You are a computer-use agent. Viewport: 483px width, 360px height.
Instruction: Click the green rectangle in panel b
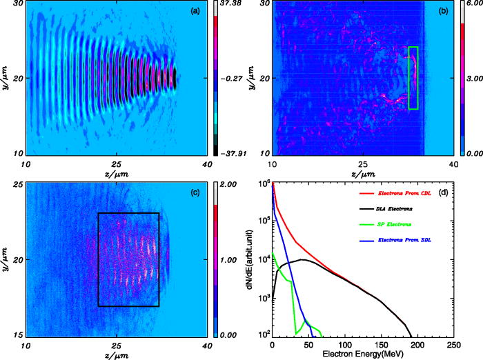click(413, 78)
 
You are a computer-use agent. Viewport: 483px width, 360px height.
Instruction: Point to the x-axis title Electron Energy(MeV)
click(363, 354)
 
